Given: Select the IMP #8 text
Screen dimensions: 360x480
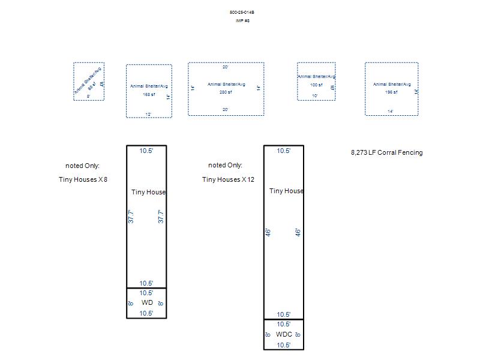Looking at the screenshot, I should [242, 21].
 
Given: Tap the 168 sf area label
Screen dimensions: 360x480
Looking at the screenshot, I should [148, 95].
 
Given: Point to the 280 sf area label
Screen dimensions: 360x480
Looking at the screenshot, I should [226, 92].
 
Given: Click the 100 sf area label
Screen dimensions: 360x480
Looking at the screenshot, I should [316, 85].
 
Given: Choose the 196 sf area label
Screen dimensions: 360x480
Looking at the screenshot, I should [391, 92].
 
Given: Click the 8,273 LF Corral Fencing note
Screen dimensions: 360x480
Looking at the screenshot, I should [386, 152].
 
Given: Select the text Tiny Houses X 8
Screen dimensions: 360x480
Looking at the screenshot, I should [83, 179].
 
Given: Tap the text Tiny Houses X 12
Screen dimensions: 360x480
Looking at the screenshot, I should [229, 179].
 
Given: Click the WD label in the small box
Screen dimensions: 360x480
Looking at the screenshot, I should [147, 303].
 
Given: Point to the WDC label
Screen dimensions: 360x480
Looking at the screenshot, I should [284, 335].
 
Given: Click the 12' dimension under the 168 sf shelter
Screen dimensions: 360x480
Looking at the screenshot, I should [148, 114].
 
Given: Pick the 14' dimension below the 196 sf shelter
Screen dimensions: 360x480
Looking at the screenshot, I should [391, 112].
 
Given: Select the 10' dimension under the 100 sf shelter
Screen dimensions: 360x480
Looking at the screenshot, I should [315, 96].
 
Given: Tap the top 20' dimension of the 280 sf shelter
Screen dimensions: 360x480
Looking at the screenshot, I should [226, 67].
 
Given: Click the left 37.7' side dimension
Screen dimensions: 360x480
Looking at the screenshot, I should [131, 217].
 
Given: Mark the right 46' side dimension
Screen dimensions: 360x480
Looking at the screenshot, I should [298, 232].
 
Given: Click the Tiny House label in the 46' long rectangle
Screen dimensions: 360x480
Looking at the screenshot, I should [286, 191].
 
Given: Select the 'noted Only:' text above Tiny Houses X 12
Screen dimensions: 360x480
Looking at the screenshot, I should [226, 165].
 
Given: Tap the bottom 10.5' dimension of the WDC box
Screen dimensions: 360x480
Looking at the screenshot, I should [284, 345].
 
